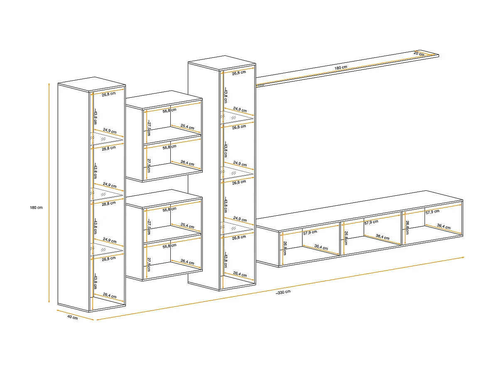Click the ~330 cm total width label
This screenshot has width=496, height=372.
coord(283,292)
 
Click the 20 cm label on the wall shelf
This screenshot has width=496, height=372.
coord(419,54)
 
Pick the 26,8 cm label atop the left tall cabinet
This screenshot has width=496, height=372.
coord(108,94)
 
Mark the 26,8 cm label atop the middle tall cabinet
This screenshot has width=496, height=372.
coord(239,72)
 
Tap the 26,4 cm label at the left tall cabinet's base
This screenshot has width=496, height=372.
coord(109,296)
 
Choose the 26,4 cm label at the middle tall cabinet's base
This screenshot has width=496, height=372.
coord(239,275)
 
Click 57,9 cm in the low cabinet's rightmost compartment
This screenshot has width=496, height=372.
coord(432,212)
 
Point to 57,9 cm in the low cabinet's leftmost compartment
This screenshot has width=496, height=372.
coord(310,232)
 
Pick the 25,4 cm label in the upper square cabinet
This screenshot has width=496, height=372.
coord(187,127)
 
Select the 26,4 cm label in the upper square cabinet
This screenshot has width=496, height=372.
coord(187,163)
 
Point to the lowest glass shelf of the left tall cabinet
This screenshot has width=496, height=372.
coord(107,249)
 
